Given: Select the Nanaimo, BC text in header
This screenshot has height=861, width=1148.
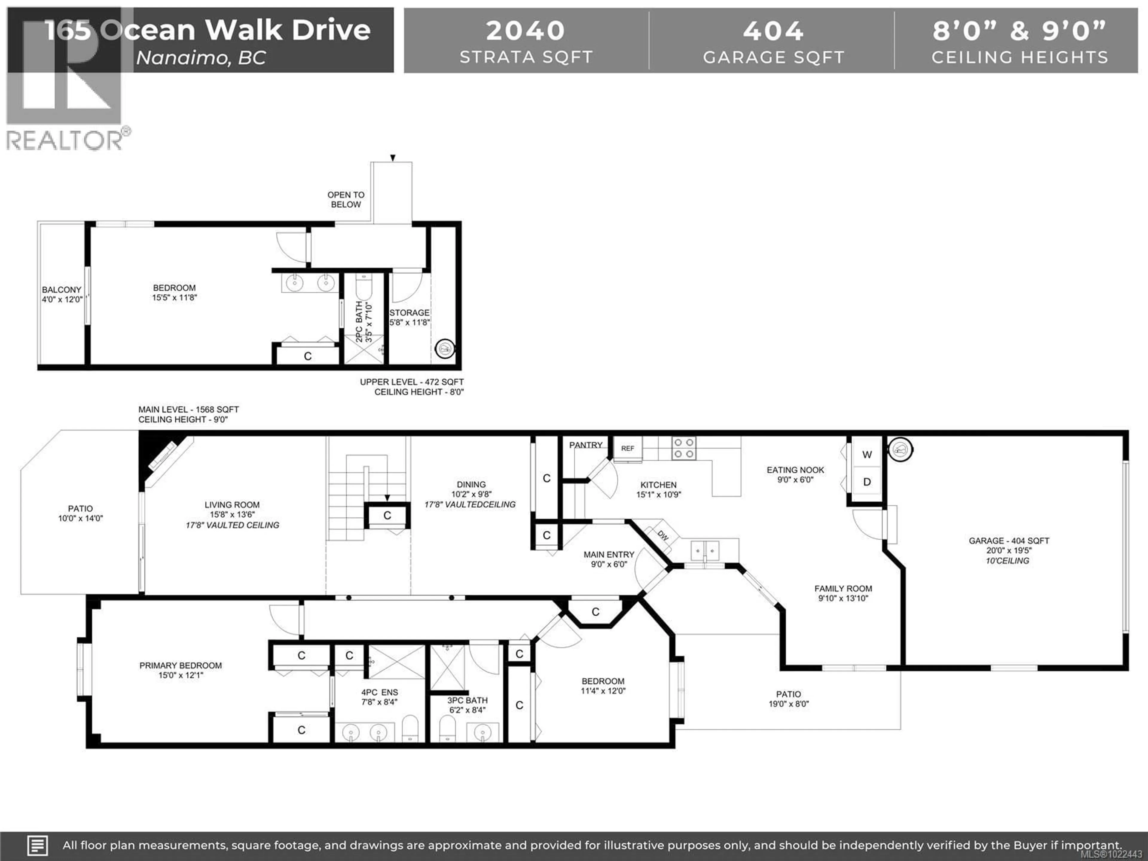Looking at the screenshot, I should click(x=201, y=58).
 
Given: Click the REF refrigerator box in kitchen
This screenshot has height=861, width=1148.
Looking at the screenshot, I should click(x=628, y=448).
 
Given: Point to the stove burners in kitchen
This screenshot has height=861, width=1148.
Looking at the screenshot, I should click(x=683, y=448).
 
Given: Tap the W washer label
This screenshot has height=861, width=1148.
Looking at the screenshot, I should click(x=867, y=455).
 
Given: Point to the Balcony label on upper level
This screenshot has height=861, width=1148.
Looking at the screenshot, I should click(x=62, y=290).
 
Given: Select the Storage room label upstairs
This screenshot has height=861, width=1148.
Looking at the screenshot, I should click(x=410, y=312).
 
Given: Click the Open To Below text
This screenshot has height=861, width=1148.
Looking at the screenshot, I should click(x=346, y=199).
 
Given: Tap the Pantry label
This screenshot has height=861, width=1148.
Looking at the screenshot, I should click(x=585, y=445).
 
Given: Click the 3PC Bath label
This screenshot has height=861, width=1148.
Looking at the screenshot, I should click(x=467, y=700).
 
